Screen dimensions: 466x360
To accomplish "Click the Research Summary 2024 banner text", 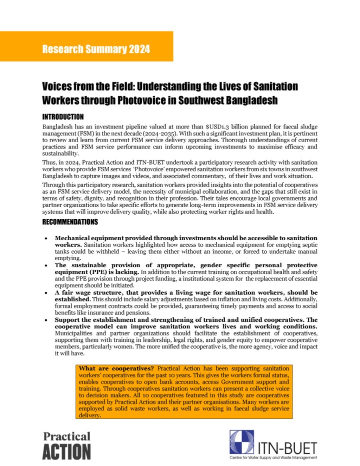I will [x=96, y=49].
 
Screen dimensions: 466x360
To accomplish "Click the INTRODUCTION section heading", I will [x=63, y=117].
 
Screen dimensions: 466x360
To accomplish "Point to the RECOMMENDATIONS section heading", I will [x=70, y=222].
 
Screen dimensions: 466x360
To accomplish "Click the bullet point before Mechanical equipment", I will [x=46, y=238].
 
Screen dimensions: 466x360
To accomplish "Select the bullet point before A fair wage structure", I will [x=46, y=293].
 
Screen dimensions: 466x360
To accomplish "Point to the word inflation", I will [x=237, y=299].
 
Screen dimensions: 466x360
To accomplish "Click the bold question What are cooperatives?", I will [x=112, y=369].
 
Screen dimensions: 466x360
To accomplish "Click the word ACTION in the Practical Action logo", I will [x=66, y=451].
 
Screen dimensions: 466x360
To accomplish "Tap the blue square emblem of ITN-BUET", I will [x=241, y=442].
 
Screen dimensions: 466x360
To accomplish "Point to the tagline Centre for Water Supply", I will [x=257, y=458].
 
